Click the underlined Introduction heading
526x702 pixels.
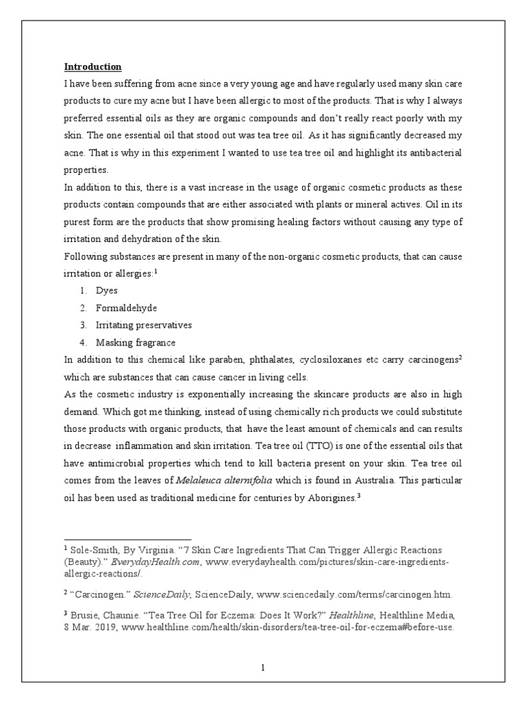coord(92,66)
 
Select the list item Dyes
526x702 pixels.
coord(106,291)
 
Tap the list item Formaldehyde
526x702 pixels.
coord(122,308)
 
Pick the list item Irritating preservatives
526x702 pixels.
coord(144,325)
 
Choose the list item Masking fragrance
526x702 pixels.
coord(136,342)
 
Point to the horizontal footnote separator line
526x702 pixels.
coord(127,540)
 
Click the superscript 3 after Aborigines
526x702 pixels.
coord(358,495)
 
